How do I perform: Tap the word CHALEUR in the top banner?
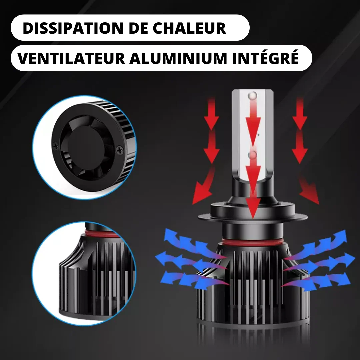point(189,28)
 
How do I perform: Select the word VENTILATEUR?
point(71,58)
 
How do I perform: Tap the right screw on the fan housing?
point(120,150)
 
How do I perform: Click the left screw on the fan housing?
point(56,146)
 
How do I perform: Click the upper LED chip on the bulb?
point(253,95)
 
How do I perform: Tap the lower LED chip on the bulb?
point(253,155)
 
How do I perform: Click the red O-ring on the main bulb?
point(253,242)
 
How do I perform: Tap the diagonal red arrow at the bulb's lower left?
point(203,186)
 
